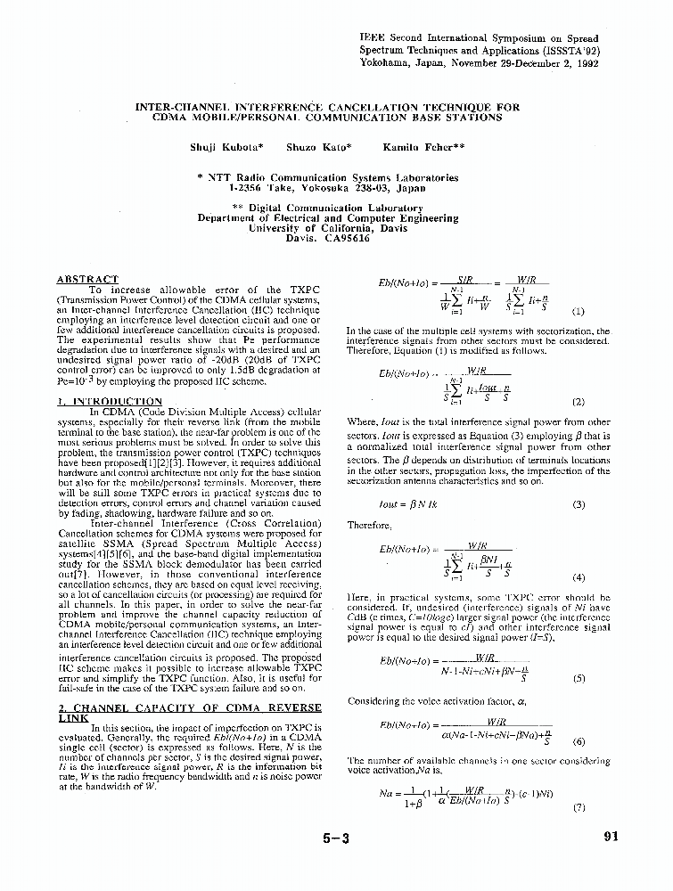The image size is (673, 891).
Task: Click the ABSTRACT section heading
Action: click(x=87, y=280)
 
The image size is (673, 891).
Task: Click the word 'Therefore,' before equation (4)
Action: click(x=365, y=525)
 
